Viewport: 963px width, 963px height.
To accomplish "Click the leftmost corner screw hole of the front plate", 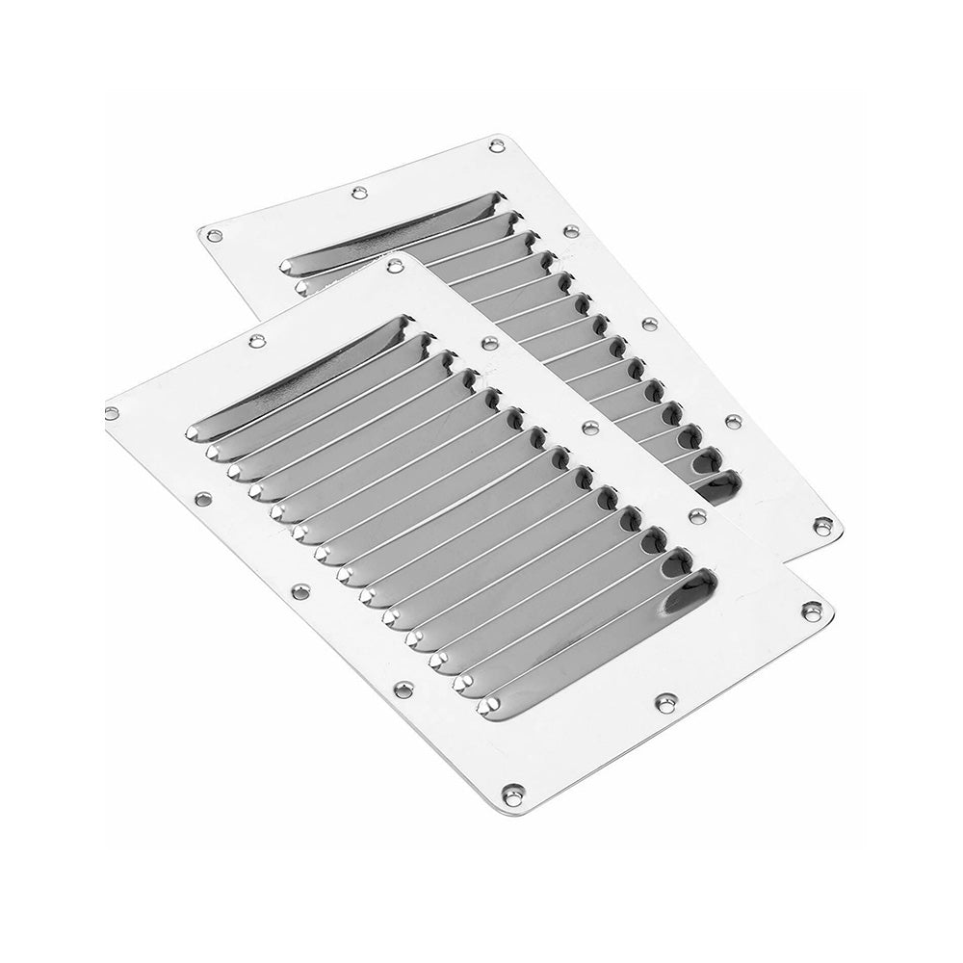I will [x=112, y=412].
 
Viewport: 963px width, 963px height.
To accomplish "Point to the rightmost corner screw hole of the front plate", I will [x=812, y=610].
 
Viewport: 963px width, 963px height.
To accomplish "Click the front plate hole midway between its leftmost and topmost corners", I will [x=256, y=340].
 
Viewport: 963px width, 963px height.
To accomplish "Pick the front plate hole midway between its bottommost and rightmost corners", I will [x=664, y=703].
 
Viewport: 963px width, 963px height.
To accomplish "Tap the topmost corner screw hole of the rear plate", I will [x=497, y=145].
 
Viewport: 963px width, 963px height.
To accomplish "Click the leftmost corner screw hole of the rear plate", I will [x=215, y=234].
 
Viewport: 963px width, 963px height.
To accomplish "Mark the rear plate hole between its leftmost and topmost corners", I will [x=359, y=193].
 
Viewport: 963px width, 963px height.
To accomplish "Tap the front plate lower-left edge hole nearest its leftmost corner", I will [x=202, y=500].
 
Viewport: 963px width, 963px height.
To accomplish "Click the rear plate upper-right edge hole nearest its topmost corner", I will [x=571, y=232].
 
